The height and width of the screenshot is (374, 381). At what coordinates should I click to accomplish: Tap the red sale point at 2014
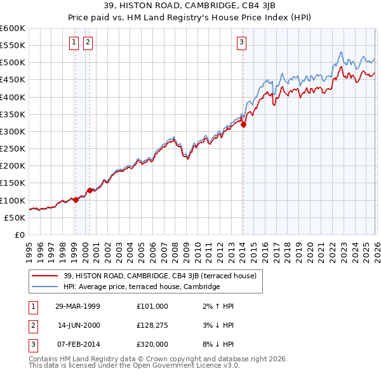tap(243, 125)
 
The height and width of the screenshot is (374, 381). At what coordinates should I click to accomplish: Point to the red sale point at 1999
tap(76, 200)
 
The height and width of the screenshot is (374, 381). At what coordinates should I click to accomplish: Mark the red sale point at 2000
tap(90, 190)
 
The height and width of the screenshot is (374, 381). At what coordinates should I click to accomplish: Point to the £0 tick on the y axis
tap(20, 235)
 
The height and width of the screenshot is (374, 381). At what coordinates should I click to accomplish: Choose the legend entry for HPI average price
tap(142, 287)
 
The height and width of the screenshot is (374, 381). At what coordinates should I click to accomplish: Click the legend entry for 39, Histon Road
tap(159, 276)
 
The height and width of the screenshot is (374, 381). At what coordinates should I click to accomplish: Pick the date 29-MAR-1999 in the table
tap(77, 306)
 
